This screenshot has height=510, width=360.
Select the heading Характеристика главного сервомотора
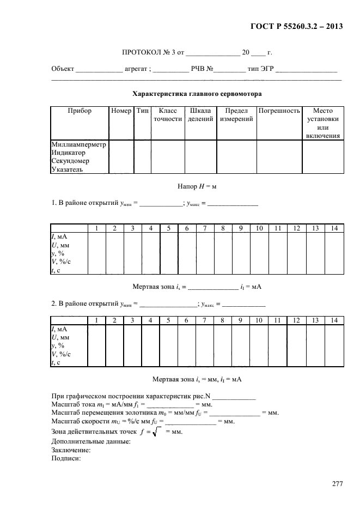(197, 93)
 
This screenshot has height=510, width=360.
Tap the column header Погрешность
(279, 111)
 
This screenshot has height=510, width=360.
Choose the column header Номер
(121, 111)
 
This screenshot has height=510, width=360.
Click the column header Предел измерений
(236, 115)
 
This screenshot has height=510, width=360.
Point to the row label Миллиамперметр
(80, 144)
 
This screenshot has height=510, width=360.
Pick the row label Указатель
(68, 169)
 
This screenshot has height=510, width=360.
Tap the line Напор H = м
(197, 186)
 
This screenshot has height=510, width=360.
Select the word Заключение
(71, 450)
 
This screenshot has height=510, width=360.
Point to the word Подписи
(66, 459)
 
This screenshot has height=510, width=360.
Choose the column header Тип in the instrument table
(143, 111)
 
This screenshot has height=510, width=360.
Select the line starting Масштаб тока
(132, 405)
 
